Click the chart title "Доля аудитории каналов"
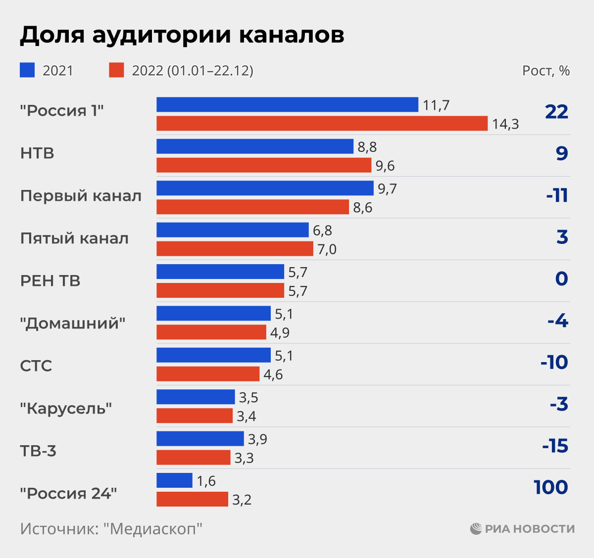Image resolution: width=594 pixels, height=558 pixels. [x=182, y=35]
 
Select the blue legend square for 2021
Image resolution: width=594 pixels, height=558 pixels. [x=27, y=70]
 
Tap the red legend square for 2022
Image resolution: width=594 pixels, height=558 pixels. [x=116, y=70]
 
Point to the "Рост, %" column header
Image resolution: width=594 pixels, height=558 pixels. [x=546, y=71]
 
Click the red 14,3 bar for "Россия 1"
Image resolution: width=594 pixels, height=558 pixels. [x=322, y=123]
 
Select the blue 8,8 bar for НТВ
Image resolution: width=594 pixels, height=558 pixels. [x=255, y=146]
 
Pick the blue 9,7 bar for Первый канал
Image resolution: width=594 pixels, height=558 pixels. [x=265, y=188]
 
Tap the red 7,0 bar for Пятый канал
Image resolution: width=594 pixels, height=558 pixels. [x=235, y=248]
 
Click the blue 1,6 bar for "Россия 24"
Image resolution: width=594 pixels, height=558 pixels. [x=174, y=480]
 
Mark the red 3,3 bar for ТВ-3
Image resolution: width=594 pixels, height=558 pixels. [x=194, y=457]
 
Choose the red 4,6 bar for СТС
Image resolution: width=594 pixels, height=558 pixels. [x=208, y=374]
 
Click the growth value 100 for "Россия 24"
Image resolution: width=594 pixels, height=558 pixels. [x=551, y=488]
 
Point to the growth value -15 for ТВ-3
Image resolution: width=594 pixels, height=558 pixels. [x=555, y=446]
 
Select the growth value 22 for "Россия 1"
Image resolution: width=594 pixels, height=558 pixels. [x=556, y=112]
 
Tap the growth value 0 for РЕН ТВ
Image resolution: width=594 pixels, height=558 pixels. [x=561, y=279]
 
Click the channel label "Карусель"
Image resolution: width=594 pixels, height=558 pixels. [x=66, y=409]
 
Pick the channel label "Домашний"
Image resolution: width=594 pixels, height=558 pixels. [x=73, y=324]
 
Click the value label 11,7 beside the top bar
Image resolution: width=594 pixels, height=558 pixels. [x=436, y=105]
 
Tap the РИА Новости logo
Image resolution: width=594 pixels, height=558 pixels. [x=522, y=529]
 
